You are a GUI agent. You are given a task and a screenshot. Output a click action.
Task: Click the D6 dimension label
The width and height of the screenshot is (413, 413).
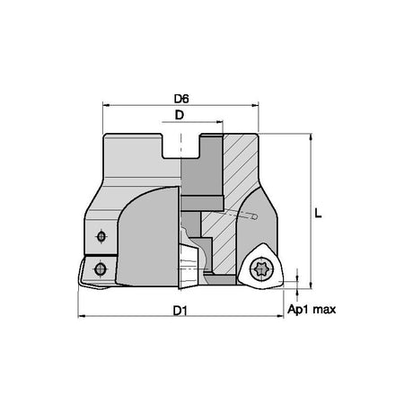181,99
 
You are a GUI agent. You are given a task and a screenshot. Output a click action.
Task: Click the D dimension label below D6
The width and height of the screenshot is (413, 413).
179,115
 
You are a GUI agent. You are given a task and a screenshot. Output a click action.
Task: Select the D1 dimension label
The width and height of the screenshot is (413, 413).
180,312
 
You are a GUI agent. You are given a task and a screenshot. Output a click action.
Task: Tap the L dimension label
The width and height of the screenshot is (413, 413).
318,214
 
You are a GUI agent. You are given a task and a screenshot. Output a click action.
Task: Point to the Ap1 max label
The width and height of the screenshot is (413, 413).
312,310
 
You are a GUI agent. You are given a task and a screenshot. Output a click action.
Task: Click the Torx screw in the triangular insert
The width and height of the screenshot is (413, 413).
259,269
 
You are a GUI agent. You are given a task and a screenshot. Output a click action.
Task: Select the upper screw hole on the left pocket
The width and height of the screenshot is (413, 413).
101,237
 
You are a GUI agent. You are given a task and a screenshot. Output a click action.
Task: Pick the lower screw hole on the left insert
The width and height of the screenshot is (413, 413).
100,268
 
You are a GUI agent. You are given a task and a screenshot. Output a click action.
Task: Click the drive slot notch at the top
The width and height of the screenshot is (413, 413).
181,146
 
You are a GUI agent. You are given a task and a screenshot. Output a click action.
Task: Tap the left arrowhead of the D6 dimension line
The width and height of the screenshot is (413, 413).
105,105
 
